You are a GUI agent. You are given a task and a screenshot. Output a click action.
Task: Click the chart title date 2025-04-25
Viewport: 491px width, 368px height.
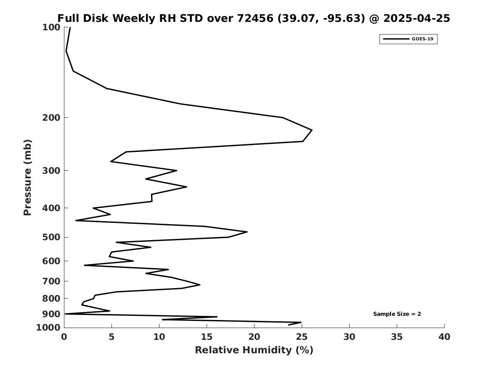417,18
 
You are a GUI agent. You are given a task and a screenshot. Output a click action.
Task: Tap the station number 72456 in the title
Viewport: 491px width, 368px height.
255,18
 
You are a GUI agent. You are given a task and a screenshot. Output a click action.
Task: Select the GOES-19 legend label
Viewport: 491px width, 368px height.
422,39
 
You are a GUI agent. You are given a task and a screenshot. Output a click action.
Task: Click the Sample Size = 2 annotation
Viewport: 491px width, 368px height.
397,314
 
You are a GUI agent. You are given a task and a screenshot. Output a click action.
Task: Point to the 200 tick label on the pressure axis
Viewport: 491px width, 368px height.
51,118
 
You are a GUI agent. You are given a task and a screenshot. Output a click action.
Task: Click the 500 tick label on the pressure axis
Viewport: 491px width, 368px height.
51,237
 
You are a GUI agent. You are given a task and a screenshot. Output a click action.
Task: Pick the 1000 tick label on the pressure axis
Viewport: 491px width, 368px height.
48,328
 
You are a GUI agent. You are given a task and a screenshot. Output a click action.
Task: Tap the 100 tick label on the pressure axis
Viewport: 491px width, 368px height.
51,27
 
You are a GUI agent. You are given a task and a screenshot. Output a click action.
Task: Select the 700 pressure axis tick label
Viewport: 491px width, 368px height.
51,281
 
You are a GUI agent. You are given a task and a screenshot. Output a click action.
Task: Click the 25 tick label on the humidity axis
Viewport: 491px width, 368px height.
302,337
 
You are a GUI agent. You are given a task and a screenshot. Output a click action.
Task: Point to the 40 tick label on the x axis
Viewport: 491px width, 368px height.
444,337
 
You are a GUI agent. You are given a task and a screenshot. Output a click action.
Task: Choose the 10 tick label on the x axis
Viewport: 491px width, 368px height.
159,337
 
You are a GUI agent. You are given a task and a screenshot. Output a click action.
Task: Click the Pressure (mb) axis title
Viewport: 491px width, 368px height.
27,177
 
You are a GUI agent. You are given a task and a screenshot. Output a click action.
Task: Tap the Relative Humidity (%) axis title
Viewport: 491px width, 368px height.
254,350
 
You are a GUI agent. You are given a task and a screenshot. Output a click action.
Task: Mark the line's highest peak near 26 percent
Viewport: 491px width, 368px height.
312,130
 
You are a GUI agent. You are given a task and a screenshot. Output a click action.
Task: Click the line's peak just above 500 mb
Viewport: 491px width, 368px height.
247,232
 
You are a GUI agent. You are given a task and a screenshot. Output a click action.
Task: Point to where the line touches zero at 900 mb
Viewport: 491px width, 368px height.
65,314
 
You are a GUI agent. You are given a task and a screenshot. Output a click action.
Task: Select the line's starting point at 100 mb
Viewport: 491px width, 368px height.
70,27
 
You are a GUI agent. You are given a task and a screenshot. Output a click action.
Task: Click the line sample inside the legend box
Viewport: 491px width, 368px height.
396,39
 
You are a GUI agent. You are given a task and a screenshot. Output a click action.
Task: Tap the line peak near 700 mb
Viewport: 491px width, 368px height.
200,285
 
